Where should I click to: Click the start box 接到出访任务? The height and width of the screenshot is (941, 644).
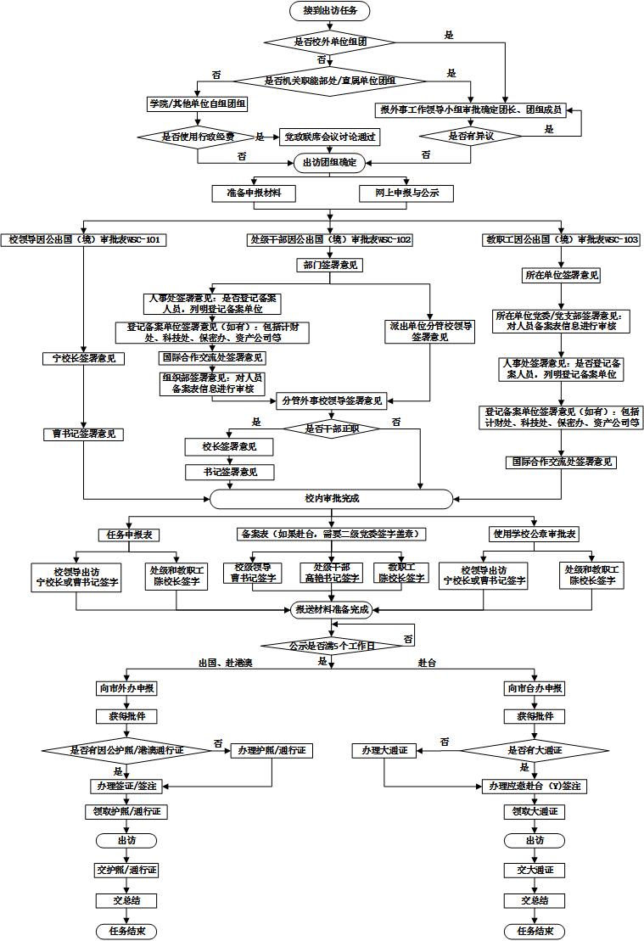point(330,10)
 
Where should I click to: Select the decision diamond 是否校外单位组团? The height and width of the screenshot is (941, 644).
point(330,41)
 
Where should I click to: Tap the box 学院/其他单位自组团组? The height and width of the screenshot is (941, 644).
point(196,104)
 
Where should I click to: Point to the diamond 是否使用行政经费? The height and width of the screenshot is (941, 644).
point(198,136)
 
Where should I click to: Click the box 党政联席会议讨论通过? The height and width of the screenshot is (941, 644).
point(329,136)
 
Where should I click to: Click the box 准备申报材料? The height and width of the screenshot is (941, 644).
point(254,193)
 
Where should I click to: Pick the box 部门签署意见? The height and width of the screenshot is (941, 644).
point(330,266)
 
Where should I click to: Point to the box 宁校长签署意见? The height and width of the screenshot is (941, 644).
point(83,358)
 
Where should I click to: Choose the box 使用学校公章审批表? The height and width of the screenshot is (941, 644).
point(535,534)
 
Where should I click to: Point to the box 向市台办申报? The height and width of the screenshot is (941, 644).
point(535,688)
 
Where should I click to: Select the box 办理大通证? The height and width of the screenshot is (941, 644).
point(384,750)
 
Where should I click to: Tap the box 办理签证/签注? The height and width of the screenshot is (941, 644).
point(126,787)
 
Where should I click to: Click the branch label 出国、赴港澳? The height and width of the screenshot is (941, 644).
point(226,662)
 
